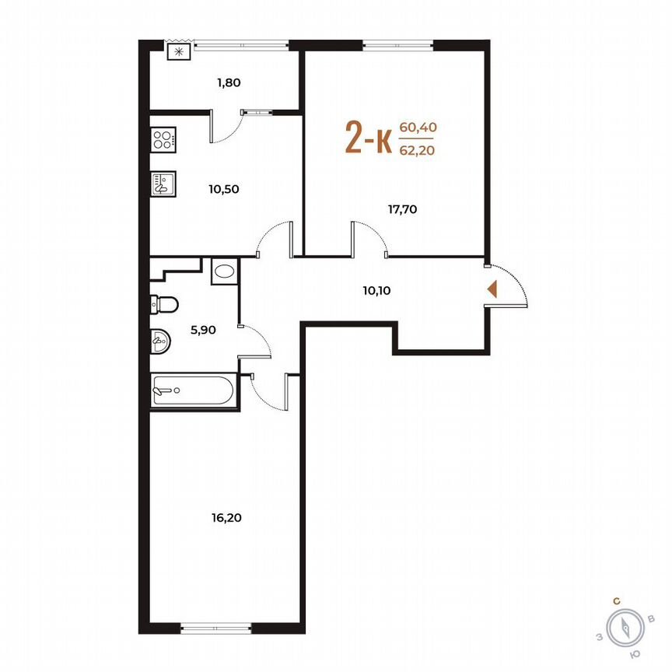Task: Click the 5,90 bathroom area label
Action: click(203, 329)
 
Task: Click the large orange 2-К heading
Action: click(368, 139)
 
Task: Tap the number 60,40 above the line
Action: click(416, 128)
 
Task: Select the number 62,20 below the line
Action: click(416, 151)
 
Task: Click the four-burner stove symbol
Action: click(164, 141)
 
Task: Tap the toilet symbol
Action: click(166, 303)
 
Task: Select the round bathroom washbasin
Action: click(159, 340)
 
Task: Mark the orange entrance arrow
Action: click(492, 289)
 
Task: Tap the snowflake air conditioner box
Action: click(179, 52)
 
